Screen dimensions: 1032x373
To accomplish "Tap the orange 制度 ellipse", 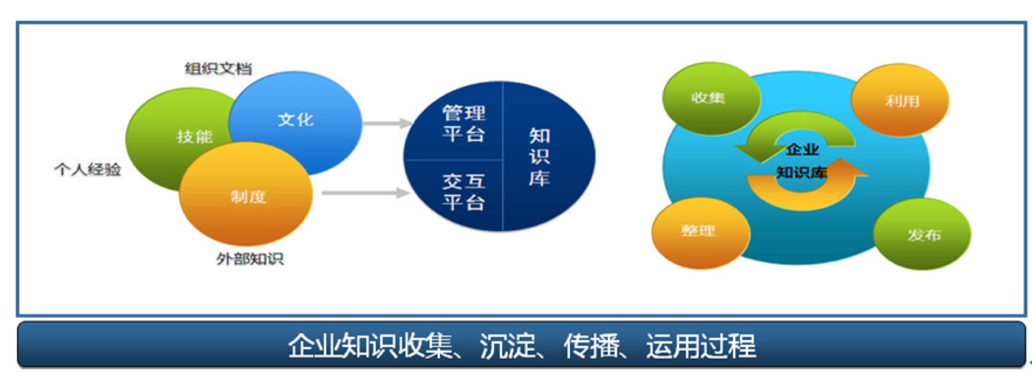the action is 246,194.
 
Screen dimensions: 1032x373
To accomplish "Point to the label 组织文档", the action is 219,69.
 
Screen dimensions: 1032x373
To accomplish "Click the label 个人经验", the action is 87,169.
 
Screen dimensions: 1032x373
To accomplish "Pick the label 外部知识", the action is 249,259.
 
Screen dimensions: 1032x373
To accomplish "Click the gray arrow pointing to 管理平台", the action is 388,123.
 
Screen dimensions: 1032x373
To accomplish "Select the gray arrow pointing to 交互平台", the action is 366,193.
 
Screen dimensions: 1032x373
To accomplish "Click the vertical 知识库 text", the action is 539,157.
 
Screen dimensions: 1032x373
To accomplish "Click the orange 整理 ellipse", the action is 700,233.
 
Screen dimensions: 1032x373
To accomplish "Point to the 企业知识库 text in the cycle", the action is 802,161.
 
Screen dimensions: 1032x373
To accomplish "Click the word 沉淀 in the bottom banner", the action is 507,345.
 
